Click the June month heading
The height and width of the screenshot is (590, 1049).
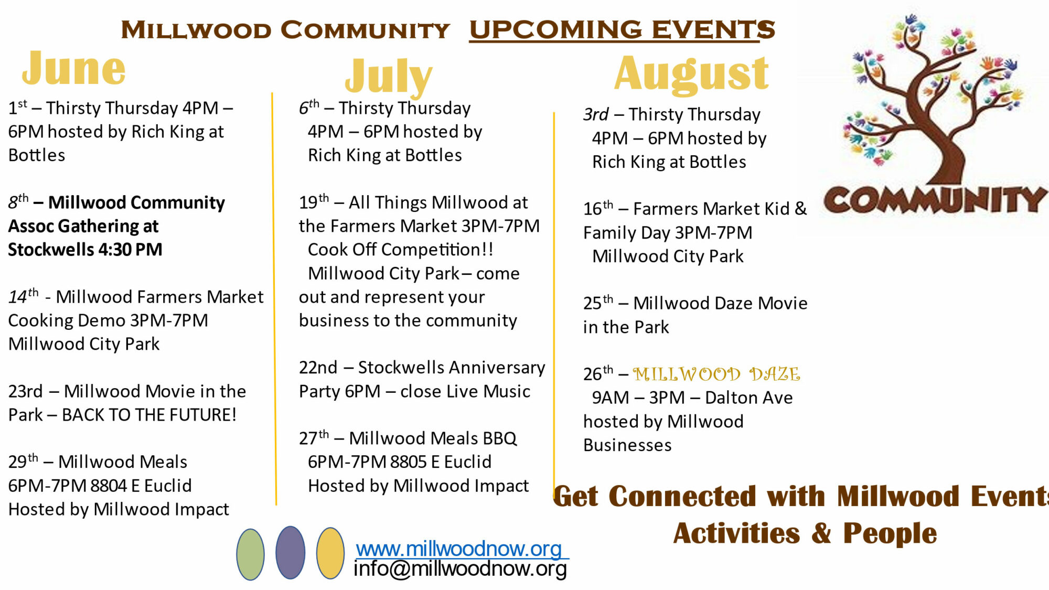click(x=74, y=68)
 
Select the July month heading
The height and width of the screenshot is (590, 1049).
click(x=389, y=77)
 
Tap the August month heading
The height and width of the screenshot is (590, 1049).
click(x=691, y=74)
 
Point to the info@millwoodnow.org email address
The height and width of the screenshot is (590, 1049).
click(x=460, y=569)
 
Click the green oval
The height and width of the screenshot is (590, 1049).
click(x=250, y=554)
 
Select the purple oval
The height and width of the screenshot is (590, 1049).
click(x=290, y=553)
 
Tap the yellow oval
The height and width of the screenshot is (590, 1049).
click(x=330, y=553)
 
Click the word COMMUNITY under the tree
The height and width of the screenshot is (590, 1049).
click(x=935, y=200)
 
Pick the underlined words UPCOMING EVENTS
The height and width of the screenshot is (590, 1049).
click(x=622, y=29)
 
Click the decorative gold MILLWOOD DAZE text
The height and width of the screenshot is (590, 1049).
click(x=716, y=374)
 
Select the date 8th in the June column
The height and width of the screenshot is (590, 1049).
click(x=18, y=201)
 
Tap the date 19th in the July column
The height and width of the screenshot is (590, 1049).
click(x=314, y=201)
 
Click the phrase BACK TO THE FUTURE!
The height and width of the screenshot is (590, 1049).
click(x=149, y=415)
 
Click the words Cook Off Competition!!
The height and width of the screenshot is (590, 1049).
click(x=400, y=250)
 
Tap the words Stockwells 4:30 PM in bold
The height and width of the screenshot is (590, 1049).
click(x=85, y=250)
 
